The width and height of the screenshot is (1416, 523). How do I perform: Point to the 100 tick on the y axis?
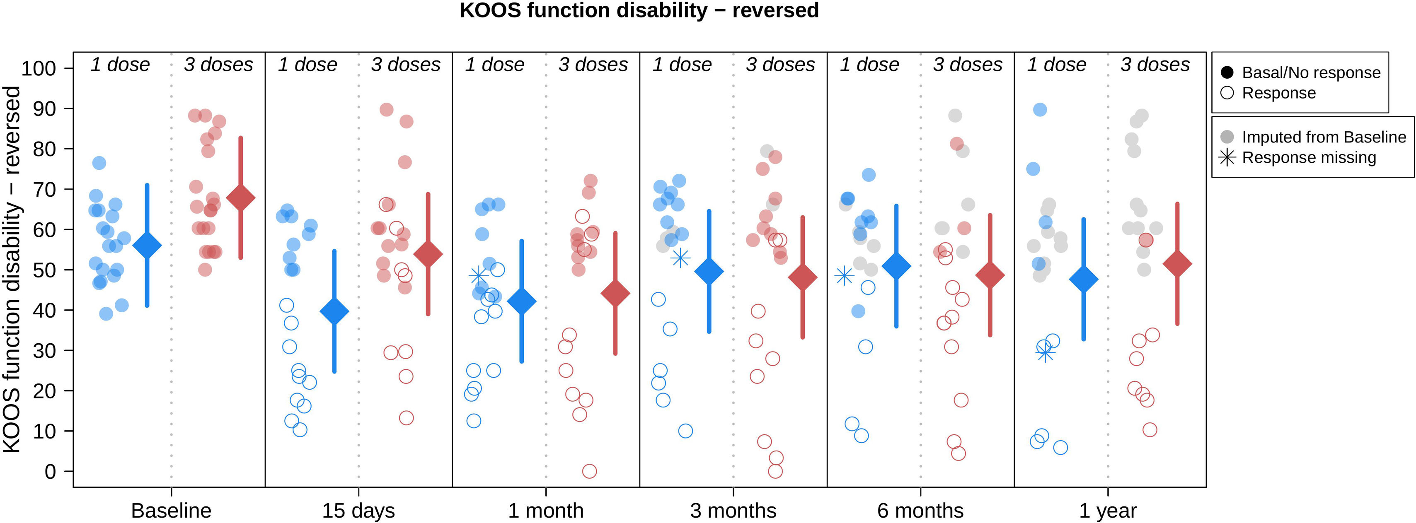(x=39, y=69)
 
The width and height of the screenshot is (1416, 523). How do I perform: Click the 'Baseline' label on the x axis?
(x=171, y=510)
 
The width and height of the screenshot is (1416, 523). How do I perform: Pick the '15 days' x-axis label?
(x=358, y=510)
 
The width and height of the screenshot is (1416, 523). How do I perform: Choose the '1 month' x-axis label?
(x=546, y=510)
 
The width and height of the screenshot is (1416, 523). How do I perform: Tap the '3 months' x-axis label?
(x=733, y=510)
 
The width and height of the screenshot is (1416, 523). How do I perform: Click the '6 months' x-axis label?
(x=920, y=510)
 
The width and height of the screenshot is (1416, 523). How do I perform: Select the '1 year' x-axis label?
(x=1108, y=510)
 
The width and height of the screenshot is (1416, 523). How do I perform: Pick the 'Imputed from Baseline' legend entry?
(x=1324, y=137)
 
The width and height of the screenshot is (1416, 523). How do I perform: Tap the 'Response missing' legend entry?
(x=1308, y=158)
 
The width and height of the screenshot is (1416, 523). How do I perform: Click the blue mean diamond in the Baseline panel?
(x=147, y=246)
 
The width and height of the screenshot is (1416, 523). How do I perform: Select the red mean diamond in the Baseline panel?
(x=241, y=198)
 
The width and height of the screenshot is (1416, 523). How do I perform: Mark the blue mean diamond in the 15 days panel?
(x=334, y=311)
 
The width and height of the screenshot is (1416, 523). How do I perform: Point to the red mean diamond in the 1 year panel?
(x=1177, y=264)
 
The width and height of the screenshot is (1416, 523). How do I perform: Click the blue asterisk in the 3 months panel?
(x=680, y=258)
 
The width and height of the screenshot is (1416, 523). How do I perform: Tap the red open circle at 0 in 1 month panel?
(x=589, y=471)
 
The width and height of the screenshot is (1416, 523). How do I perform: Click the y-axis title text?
(x=12, y=269)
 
